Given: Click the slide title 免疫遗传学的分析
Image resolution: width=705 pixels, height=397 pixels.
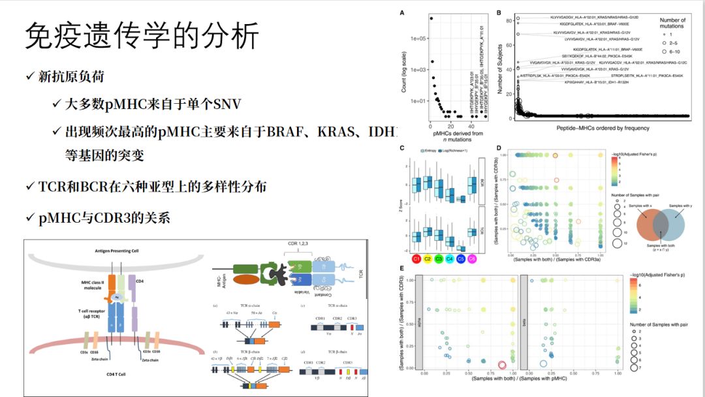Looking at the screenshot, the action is click(142, 37).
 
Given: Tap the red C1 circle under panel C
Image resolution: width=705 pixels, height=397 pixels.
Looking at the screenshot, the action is click(415, 259).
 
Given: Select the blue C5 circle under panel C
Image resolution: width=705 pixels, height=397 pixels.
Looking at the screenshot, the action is click(461, 259).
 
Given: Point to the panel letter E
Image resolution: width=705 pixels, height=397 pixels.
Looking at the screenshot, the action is click(401, 268).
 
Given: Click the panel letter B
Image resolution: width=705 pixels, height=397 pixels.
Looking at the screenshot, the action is click(498, 12).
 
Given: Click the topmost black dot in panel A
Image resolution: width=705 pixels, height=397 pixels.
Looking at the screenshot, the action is click(431, 18).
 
